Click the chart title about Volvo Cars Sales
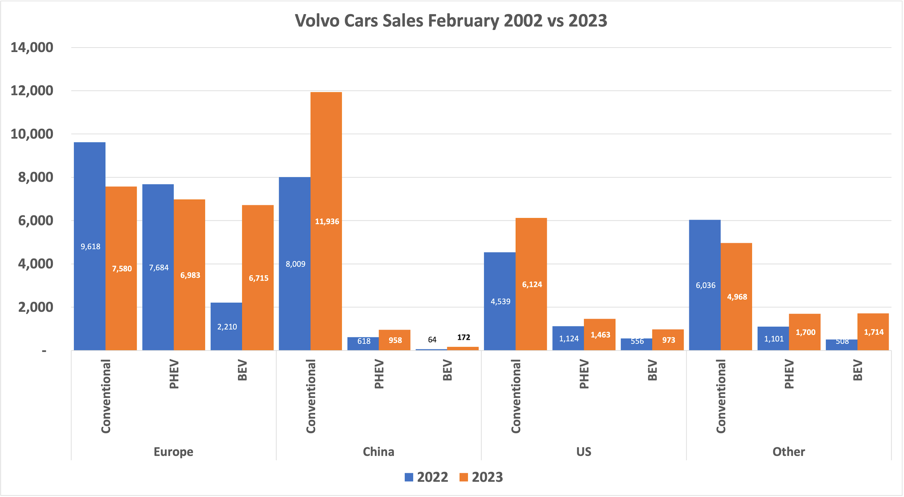click(451, 21)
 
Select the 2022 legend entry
click(426, 477)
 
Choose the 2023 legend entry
click(481, 477)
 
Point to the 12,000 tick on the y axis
click(32, 91)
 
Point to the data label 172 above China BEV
click(464, 337)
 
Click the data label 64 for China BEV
click(432, 339)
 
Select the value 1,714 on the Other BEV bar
click(874, 332)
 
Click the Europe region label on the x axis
click(173, 452)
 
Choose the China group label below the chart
click(378, 452)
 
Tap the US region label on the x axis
click(584, 452)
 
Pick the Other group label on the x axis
click(789, 452)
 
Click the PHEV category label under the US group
click(584, 374)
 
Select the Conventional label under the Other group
click(721, 396)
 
